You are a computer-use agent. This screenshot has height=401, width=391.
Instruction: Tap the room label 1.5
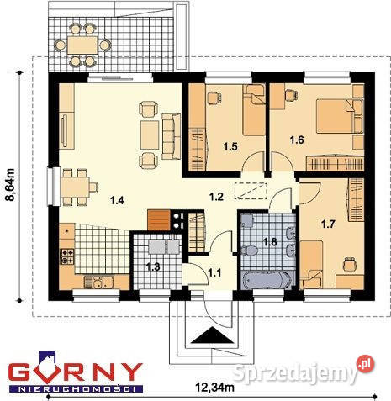click(230, 147)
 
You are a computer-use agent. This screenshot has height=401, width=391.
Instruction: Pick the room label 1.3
click(153, 267)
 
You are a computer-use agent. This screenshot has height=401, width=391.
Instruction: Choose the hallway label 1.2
click(216, 197)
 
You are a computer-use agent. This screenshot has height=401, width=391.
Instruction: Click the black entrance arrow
click(205, 337)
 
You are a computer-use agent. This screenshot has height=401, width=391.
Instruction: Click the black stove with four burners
click(178, 220)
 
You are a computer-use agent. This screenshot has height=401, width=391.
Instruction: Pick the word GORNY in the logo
click(76, 372)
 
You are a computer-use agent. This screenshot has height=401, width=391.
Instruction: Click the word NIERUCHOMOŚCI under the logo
click(76, 390)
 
